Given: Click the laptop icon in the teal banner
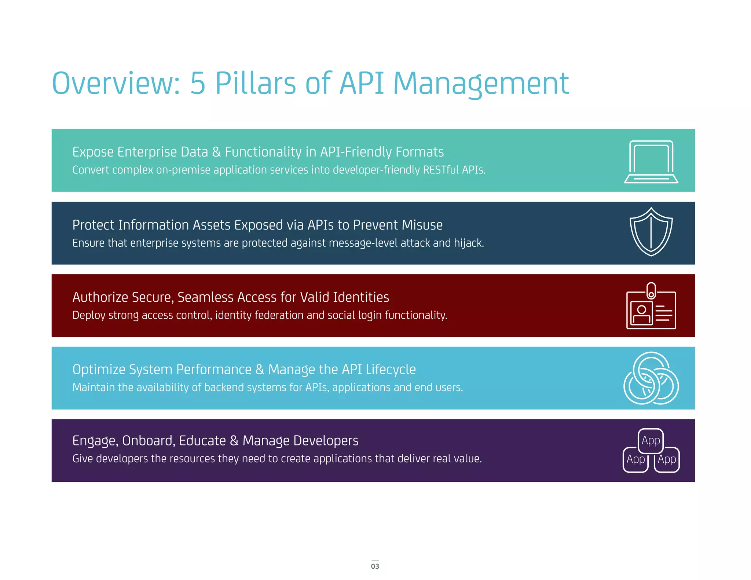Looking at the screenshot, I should [x=651, y=162].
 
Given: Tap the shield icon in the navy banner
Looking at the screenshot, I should [x=651, y=232].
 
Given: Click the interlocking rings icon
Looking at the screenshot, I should [x=651, y=378].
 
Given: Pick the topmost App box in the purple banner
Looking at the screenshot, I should [x=651, y=440].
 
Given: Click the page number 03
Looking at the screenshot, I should [x=375, y=566].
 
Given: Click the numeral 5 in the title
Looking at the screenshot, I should [x=198, y=83].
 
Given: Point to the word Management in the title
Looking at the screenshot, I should [x=481, y=84].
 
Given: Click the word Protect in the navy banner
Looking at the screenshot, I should [x=93, y=225].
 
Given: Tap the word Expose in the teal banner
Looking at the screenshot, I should [x=93, y=152].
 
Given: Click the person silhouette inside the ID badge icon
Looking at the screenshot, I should [x=641, y=314].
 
